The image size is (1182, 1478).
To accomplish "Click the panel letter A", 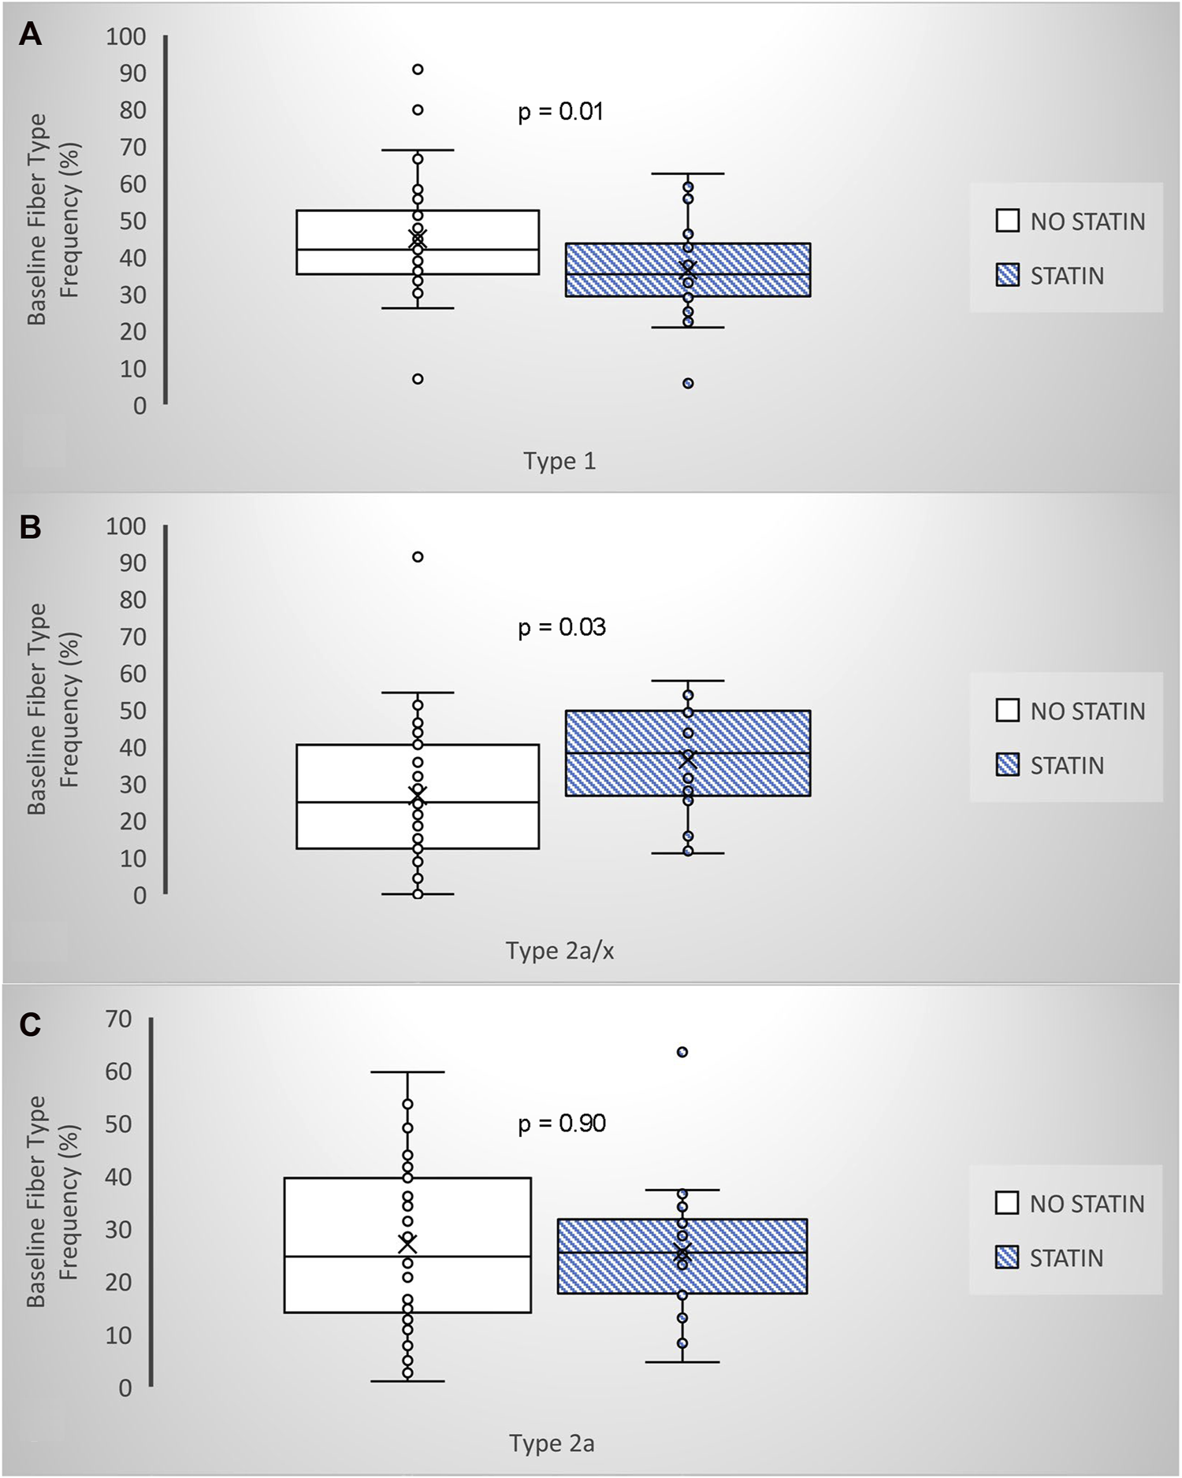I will (x=30, y=35).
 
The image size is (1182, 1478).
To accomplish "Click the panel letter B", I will (x=30, y=527).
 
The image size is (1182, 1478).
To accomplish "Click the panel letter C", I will (x=30, y=1025).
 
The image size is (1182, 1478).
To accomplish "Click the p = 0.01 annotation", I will (x=560, y=111).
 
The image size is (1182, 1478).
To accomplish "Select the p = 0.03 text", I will (x=561, y=627).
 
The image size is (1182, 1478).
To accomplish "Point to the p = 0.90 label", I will (x=561, y=1123).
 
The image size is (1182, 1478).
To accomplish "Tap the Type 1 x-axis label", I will (x=559, y=461).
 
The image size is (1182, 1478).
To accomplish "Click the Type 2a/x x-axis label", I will (x=559, y=951).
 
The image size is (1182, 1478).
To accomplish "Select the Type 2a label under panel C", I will (x=552, y=1443).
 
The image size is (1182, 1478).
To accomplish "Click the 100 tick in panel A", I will (x=126, y=36).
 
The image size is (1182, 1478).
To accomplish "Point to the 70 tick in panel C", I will (x=118, y=1019).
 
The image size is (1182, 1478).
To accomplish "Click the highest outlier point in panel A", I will (x=418, y=69).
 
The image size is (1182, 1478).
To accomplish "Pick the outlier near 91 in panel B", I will (x=418, y=557).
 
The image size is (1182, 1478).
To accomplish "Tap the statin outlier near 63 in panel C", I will (x=682, y=1052).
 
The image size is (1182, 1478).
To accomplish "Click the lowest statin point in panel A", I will (x=688, y=384).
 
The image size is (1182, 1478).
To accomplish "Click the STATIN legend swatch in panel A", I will (x=1008, y=276).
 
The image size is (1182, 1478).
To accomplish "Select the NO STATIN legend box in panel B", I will (x=1008, y=711).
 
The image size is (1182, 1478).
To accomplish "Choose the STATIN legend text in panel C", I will (x=1066, y=1258).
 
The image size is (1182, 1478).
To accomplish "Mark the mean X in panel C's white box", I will (x=407, y=1244).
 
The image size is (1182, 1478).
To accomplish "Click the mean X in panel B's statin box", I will (x=688, y=759).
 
